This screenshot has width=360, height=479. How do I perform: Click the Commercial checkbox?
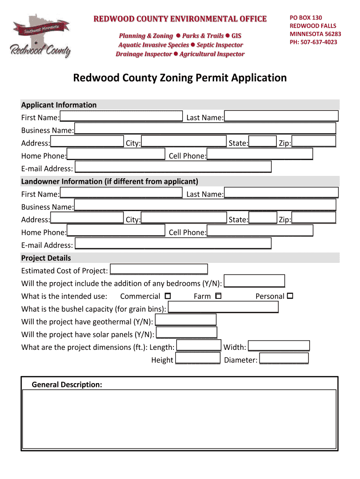tap(168, 296)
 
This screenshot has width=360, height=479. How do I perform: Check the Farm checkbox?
tap(218, 296)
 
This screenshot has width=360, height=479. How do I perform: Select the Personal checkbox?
tap(290, 296)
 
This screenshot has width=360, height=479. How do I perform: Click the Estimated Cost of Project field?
tap(159, 269)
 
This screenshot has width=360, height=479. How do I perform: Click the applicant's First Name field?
tap(121, 116)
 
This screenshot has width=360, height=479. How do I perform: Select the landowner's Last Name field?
tap(281, 193)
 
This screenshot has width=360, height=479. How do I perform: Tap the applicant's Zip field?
tap(314, 142)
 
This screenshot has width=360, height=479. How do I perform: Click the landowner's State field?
tap(263, 218)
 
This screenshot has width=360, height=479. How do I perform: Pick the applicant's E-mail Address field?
tap(173, 167)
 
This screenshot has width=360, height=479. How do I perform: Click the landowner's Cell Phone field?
tap(260, 231)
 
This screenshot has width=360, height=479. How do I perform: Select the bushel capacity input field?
tap(223, 307)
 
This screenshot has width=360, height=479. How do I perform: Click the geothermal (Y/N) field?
tap(186, 320)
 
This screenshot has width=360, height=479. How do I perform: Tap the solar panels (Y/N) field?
tap(187, 333)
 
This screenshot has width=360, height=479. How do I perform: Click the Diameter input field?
tap(284, 359)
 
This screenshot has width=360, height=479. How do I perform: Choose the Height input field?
tap(198, 359)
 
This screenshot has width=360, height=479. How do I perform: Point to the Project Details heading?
tap(46, 258)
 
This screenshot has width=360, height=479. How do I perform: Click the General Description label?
tap(67, 385)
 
